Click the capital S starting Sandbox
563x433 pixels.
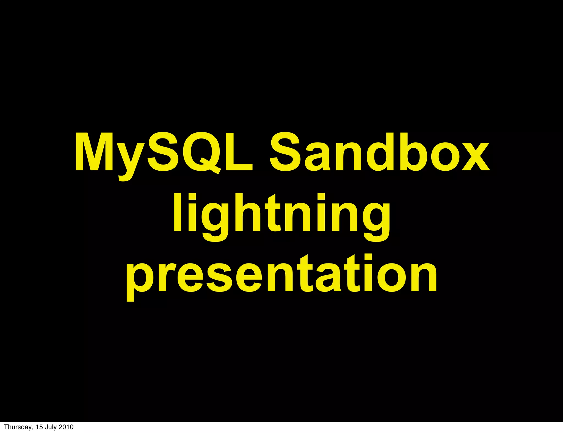point(285,152)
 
